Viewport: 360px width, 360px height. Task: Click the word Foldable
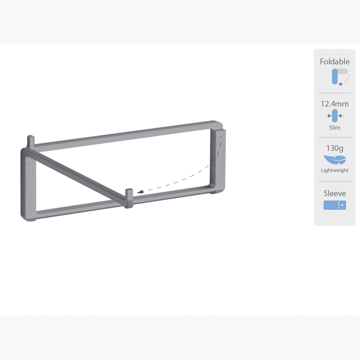coord(334,62)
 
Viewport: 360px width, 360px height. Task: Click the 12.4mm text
coord(334,104)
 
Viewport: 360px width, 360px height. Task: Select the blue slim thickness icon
coord(335,116)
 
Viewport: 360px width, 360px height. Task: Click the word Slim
coord(334,128)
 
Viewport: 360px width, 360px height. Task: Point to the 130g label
coord(335,148)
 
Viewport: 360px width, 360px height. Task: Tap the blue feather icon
coord(335,159)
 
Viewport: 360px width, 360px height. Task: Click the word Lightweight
coord(334,170)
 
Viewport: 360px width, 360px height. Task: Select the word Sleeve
coord(334,193)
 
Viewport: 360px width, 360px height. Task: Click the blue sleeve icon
coord(335,205)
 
